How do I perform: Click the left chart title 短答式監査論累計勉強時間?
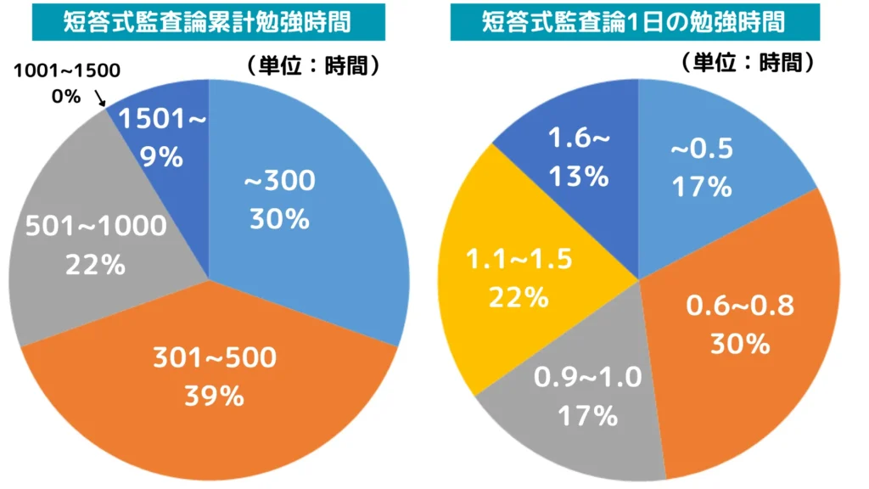(208, 22)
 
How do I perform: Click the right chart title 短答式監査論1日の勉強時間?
(633, 22)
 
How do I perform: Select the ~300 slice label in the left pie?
(279, 181)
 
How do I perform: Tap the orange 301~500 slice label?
(215, 358)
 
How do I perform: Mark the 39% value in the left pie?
(215, 396)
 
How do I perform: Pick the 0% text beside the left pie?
(66, 96)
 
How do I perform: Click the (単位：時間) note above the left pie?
(311, 65)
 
